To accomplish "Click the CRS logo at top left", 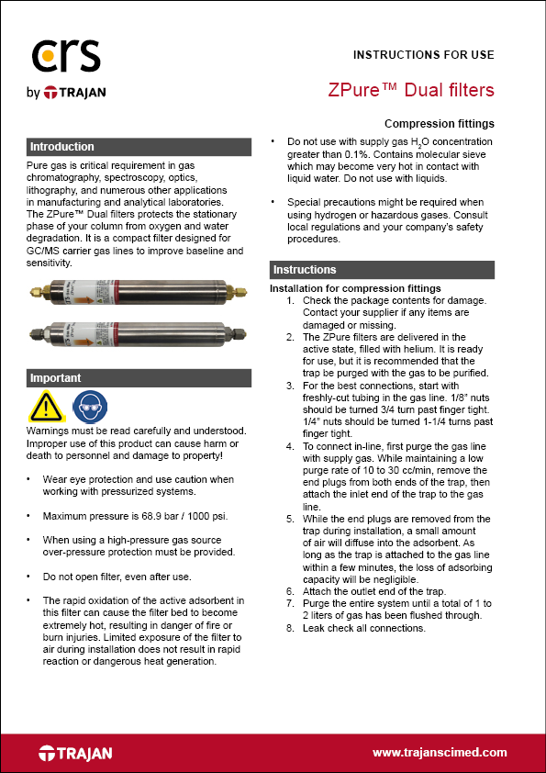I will (64, 57).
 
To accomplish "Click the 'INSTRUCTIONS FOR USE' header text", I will (424, 55).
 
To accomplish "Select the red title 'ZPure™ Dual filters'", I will (411, 90).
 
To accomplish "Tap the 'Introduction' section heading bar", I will (139, 147).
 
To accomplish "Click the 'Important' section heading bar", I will (139, 378).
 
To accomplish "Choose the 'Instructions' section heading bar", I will (382, 270).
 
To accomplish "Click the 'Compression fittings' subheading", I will (439, 124).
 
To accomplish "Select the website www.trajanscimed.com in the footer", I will (440, 753).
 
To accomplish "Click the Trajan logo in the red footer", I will (76, 753).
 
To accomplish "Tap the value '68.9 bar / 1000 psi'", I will (182, 516).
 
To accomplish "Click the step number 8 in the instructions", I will (290, 628).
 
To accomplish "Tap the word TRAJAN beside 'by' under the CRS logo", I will (81, 93).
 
